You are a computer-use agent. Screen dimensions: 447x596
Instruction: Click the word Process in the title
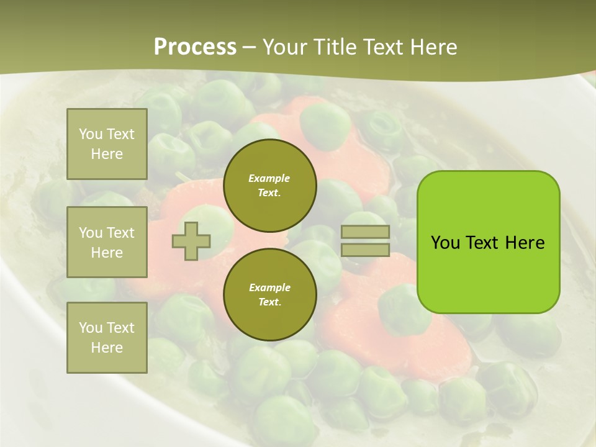195,47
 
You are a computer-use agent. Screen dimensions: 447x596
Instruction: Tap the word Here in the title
433,47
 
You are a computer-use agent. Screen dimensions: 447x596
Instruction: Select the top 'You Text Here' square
107,144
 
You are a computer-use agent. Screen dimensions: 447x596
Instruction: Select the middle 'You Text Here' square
107,242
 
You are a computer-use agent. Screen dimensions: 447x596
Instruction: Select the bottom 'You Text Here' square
107,338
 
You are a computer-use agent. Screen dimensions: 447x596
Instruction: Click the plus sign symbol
191,241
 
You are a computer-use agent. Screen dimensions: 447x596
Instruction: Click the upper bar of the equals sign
365,232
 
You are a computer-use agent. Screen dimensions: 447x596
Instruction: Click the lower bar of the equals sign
365,250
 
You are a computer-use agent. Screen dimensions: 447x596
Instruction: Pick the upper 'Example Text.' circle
269,185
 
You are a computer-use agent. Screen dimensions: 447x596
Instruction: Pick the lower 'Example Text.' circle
269,294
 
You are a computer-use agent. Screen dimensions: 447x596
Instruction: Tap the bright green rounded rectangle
488,242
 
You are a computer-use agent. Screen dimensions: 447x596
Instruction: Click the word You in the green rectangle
445,243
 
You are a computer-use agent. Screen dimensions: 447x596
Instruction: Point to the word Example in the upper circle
269,178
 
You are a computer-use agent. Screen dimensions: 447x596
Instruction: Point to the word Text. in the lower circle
269,302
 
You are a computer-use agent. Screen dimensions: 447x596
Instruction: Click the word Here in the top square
107,154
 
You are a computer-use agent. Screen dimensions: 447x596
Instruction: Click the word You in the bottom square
91,328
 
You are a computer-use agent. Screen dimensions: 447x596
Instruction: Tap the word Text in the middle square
120,233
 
